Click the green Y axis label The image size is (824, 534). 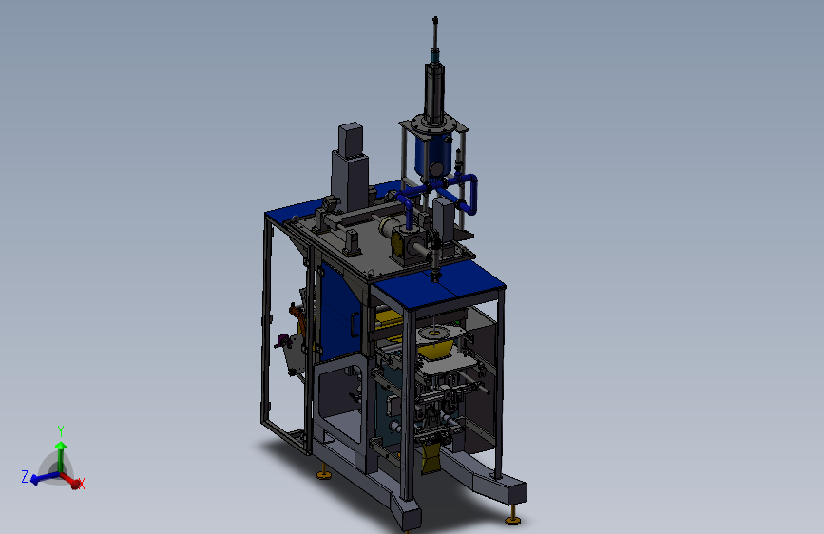pos(61,431)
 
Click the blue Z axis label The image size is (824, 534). pos(24,477)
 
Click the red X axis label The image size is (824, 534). pos(82,484)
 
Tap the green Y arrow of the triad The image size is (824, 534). pos(61,456)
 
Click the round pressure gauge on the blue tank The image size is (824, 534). pos(436,169)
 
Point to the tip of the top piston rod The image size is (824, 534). pos(435,19)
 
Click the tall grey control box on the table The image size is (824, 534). pos(349,168)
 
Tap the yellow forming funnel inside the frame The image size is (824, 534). pos(436,348)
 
